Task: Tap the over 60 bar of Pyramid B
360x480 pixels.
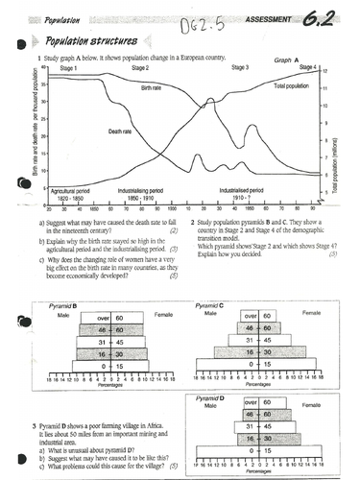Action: pos(99,318)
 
